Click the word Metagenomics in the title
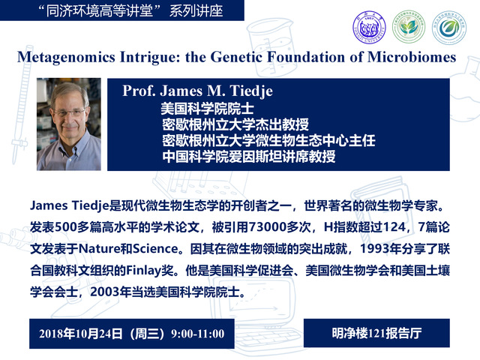pos(67,57)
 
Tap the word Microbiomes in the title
pos(412,57)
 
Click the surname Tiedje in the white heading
pos(251,91)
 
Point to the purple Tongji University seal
pos(369,27)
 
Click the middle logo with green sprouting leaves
pos(409,27)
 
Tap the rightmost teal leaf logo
pos(448,27)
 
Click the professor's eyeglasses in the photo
pos(69,112)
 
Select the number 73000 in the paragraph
pos(267,227)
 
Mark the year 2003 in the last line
pos(105,292)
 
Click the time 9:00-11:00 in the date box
pos(198,334)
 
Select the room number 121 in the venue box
pos(376,333)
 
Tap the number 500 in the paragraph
pos(65,227)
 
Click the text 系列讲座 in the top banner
pos(196,11)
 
